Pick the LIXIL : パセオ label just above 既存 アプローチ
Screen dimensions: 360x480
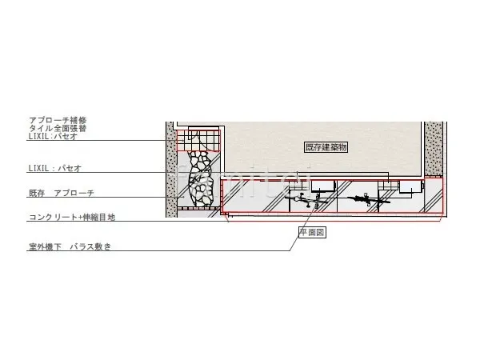54,168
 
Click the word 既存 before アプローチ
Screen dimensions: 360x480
37,194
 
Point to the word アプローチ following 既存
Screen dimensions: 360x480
74,194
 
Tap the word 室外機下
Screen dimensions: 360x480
46,247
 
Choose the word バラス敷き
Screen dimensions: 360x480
90,247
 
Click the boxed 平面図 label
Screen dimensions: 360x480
310,232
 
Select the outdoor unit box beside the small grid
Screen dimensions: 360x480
409,187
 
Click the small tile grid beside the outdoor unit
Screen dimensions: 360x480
387,186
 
